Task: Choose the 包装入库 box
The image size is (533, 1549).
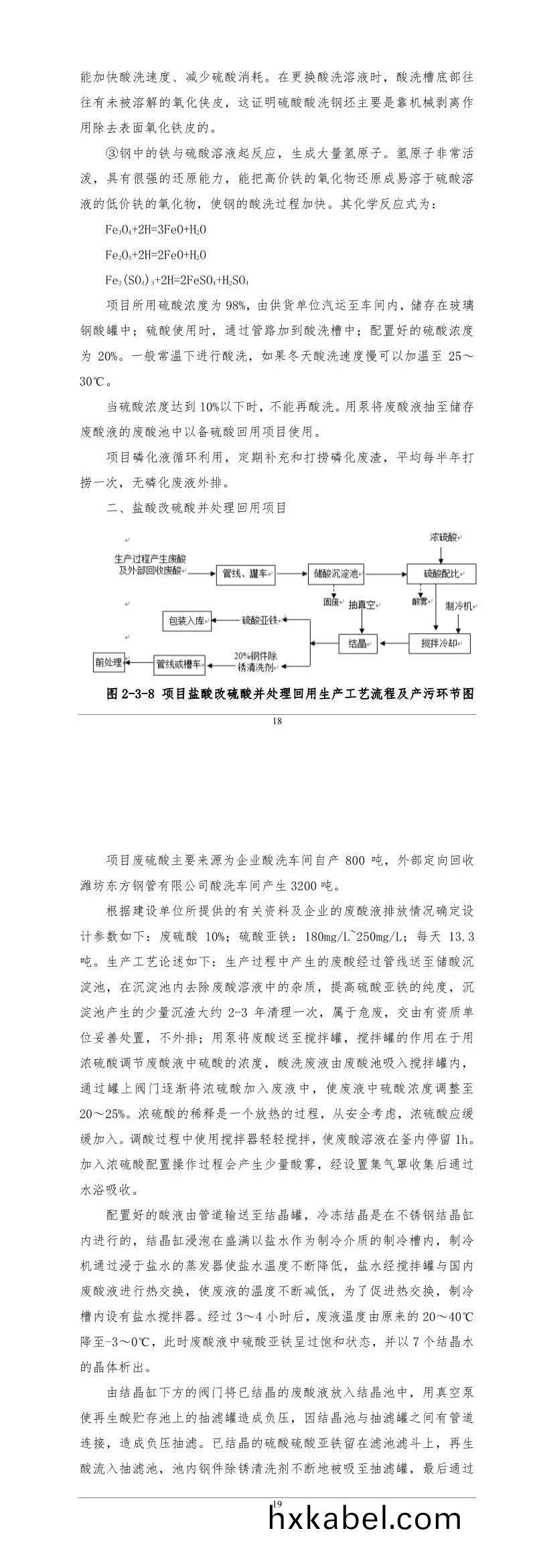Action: (x=187, y=621)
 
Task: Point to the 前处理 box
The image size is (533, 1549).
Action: (x=109, y=663)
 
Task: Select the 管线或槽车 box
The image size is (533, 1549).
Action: (x=179, y=664)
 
